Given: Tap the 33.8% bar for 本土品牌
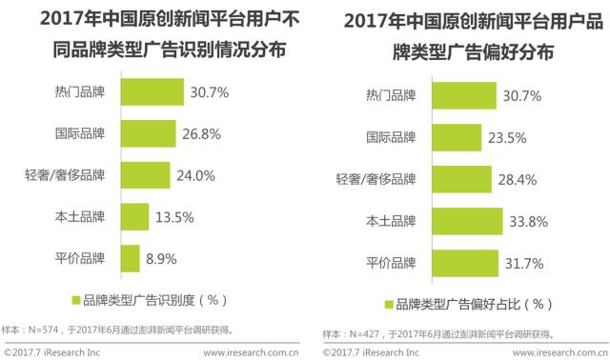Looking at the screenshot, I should point(470,220).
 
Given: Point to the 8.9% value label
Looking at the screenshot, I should point(163,258).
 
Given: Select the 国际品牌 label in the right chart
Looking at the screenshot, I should point(391,137).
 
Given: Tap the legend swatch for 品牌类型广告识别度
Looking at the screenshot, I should point(75,299).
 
